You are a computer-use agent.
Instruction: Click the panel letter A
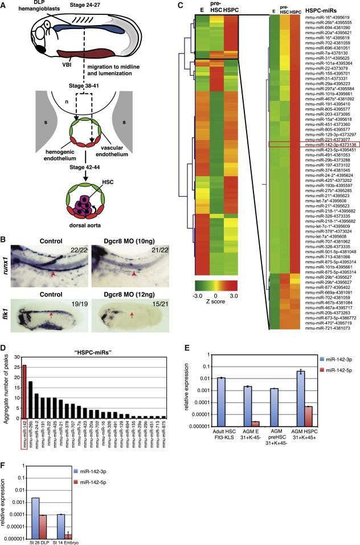coord(5,5)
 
